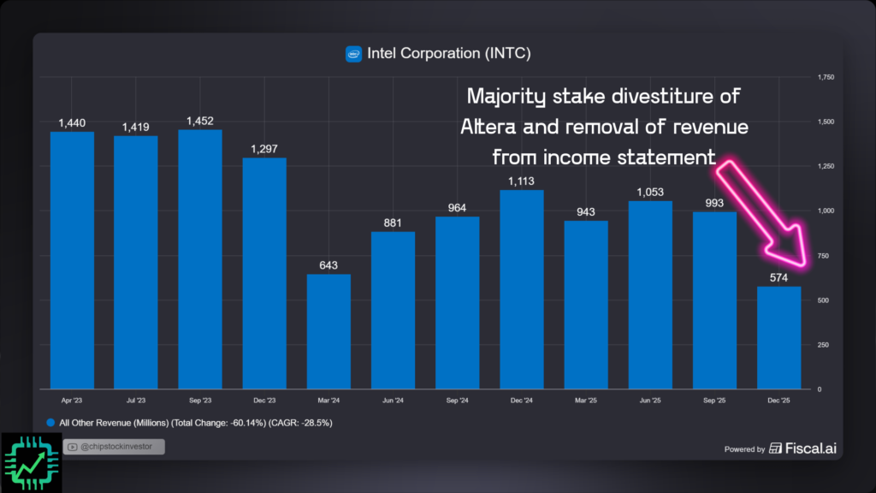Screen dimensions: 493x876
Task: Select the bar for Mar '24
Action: pyautogui.click(x=328, y=330)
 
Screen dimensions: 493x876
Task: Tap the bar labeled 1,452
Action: pyautogui.click(x=200, y=258)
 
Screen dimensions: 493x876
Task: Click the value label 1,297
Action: pyautogui.click(x=264, y=150)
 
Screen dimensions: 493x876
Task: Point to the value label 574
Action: pyautogui.click(x=778, y=278)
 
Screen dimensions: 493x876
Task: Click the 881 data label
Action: pyautogui.click(x=394, y=223)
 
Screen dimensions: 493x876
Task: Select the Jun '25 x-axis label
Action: pyautogui.click(x=650, y=400)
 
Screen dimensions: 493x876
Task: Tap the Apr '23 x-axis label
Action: pyautogui.click(x=72, y=400)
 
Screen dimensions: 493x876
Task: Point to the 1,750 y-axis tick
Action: pyautogui.click(x=825, y=77)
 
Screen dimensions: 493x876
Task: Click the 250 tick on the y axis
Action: pyautogui.click(x=822, y=344)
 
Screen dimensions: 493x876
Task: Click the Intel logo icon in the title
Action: pyautogui.click(x=353, y=54)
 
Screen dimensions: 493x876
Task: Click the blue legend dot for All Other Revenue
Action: pyautogui.click(x=51, y=423)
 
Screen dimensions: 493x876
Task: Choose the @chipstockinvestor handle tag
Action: pyautogui.click(x=114, y=446)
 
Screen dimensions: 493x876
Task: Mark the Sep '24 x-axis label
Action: pyautogui.click(x=458, y=400)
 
